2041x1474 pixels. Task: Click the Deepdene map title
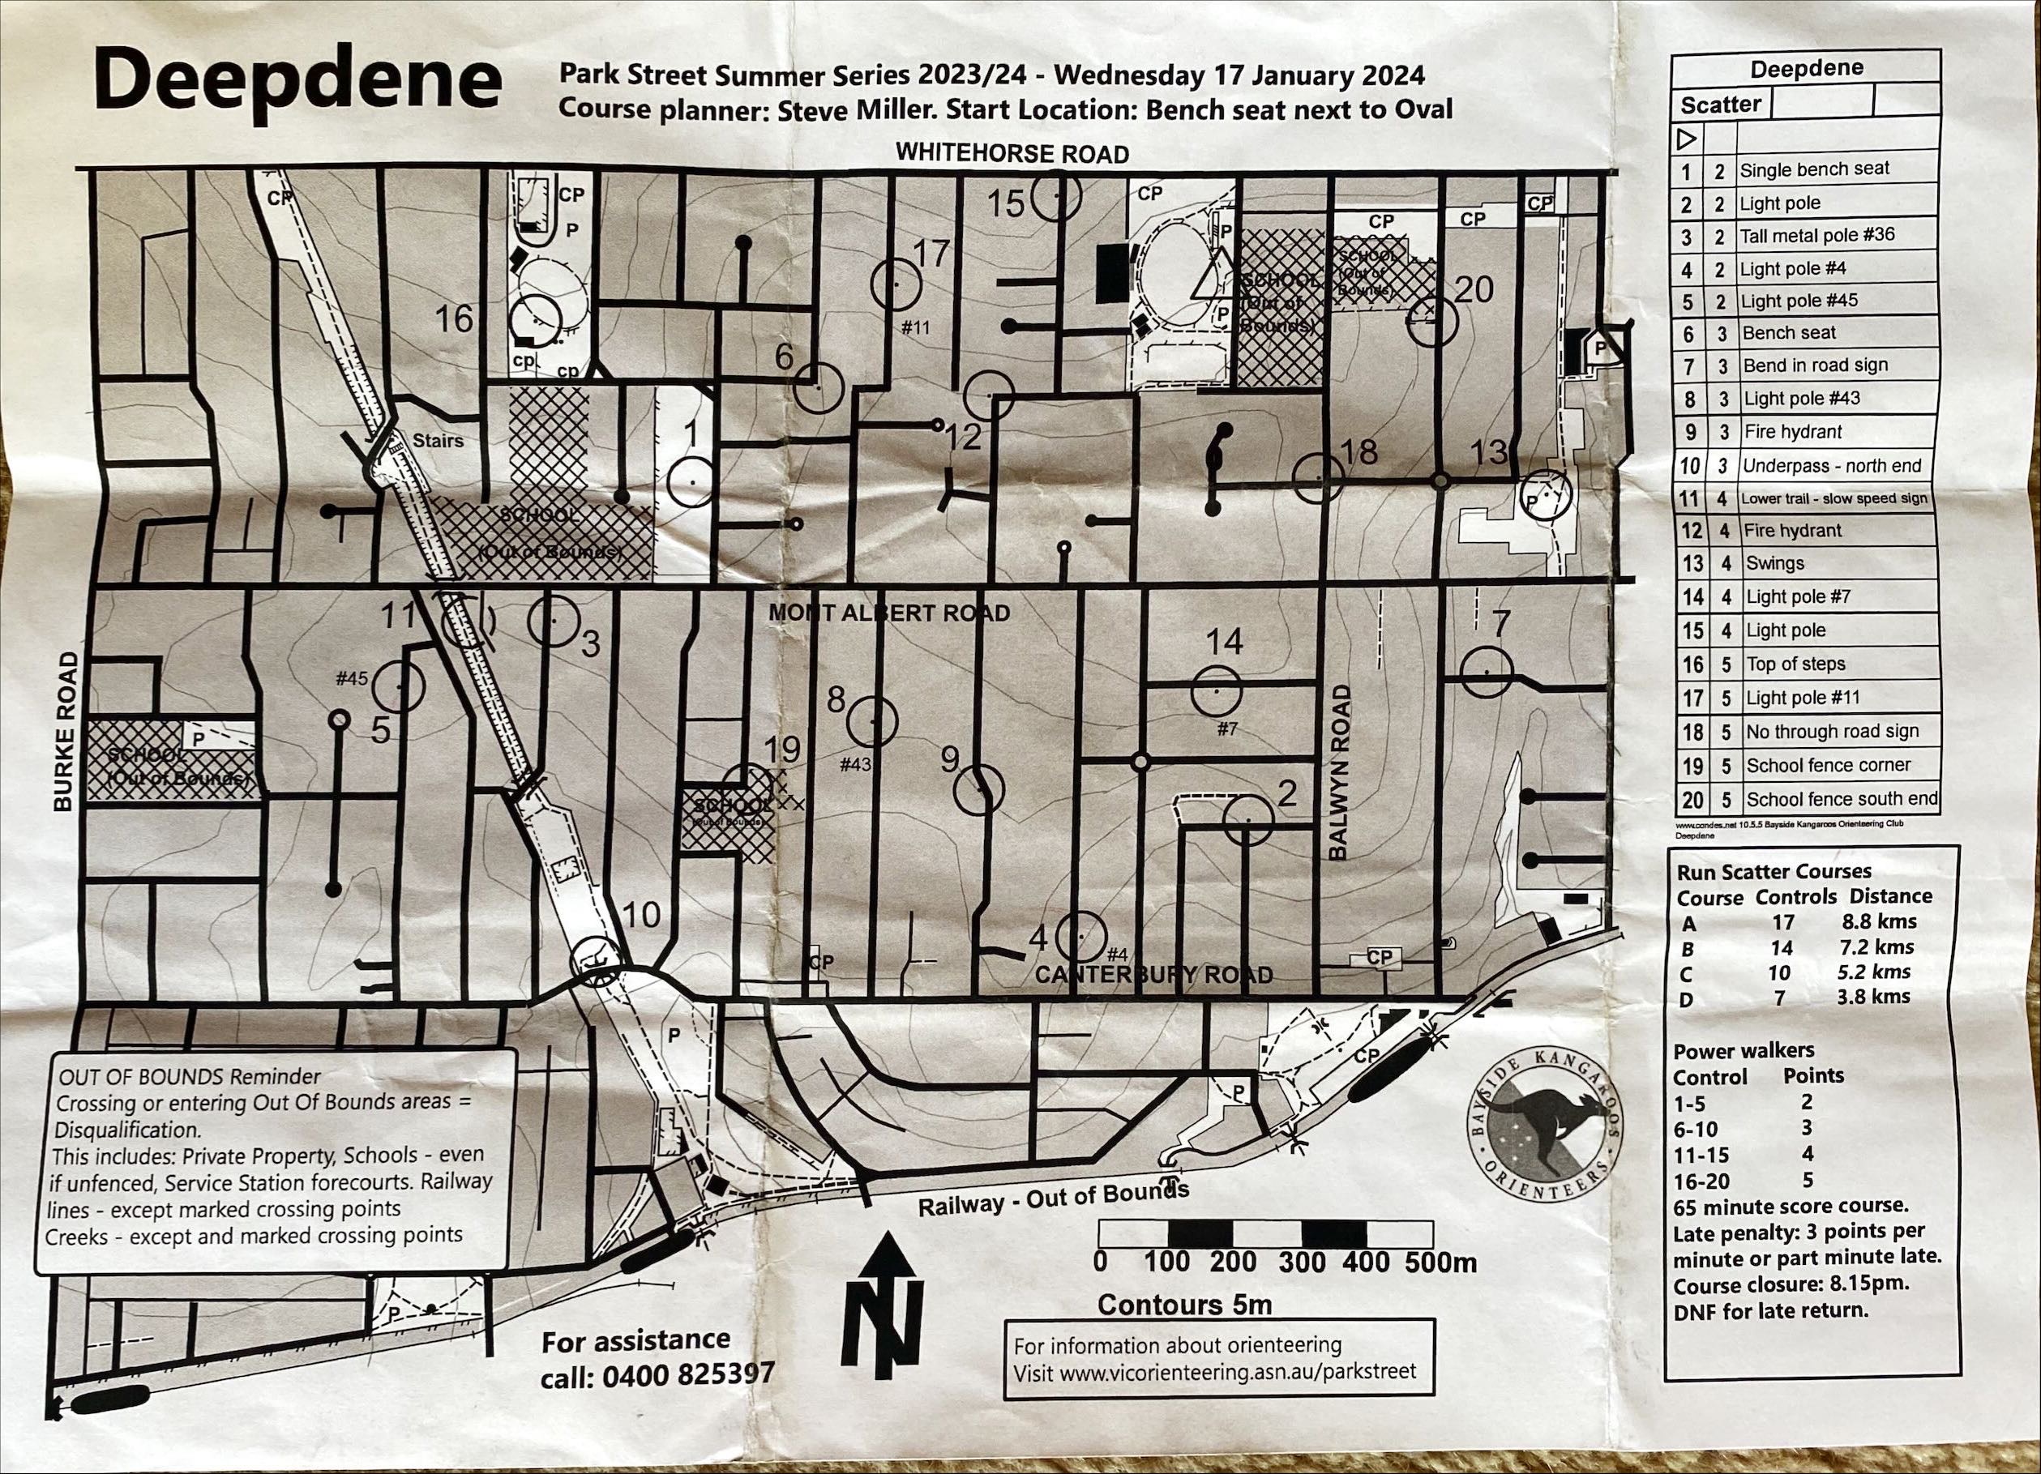(297, 83)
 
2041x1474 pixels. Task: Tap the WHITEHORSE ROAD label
(1012, 154)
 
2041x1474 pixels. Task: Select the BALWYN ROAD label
(1340, 773)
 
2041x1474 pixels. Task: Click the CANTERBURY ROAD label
(1154, 976)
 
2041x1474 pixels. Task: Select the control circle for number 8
(872, 722)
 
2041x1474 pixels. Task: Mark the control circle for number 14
(1216, 691)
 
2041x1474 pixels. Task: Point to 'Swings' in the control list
(1774, 563)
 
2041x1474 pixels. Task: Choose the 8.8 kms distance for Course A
(1880, 921)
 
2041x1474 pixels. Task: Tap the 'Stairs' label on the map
(439, 441)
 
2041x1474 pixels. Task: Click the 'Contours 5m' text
(1184, 1304)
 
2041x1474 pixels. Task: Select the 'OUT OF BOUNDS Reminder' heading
(190, 1077)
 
